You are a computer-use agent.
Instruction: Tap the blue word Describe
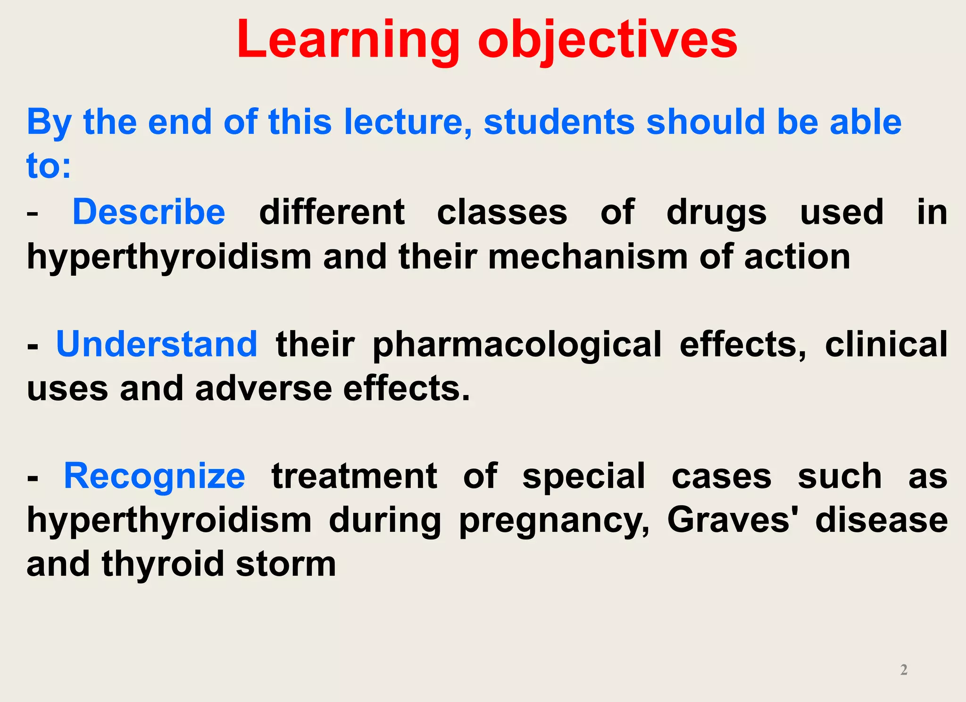pos(149,212)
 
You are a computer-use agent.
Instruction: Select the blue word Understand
pos(157,344)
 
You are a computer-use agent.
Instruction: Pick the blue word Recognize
pos(154,476)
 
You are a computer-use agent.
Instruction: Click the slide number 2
pos(904,669)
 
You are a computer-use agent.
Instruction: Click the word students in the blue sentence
pos(559,122)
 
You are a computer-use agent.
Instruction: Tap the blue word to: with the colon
pos(49,166)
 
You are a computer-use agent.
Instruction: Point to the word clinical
pos(886,344)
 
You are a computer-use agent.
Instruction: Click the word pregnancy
pos(554,521)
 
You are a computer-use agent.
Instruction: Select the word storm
pos(286,564)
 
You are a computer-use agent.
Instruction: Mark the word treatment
pos(354,476)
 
